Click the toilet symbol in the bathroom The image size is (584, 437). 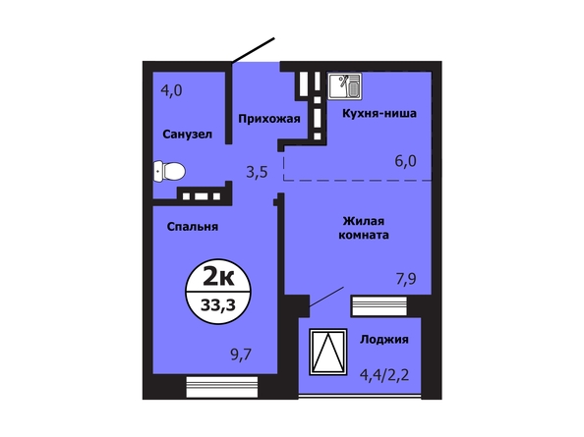pyautogui.click(x=169, y=172)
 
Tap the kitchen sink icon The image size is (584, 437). pyautogui.click(x=345, y=86)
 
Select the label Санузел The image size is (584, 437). pyautogui.click(x=188, y=135)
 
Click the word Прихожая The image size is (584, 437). pyautogui.click(x=269, y=119)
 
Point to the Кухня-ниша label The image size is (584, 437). pyautogui.click(x=380, y=113)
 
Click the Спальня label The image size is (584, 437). pyautogui.click(x=192, y=227)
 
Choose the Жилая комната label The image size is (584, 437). pyautogui.click(x=364, y=228)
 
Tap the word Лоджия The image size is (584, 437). pyautogui.click(x=384, y=339)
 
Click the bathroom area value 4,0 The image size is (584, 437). pyautogui.click(x=171, y=90)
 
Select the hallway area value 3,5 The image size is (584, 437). pyautogui.click(x=257, y=172)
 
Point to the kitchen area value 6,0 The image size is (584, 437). pyautogui.click(x=406, y=161)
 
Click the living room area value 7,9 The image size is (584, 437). pyautogui.click(x=406, y=279)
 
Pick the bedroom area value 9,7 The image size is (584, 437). pyautogui.click(x=241, y=355)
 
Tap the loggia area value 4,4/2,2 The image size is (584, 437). pyautogui.click(x=384, y=374)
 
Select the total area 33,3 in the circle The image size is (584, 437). pyautogui.click(x=218, y=305)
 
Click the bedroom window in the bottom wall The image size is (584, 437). pyautogui.click(x=222, y=387)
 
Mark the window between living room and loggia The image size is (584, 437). pyautogui.click(x=379, y=306)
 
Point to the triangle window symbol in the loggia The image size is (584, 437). pyautogui.click(x=328, y=352)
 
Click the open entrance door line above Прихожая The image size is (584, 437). pyautogui.click(x=253, y=50)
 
